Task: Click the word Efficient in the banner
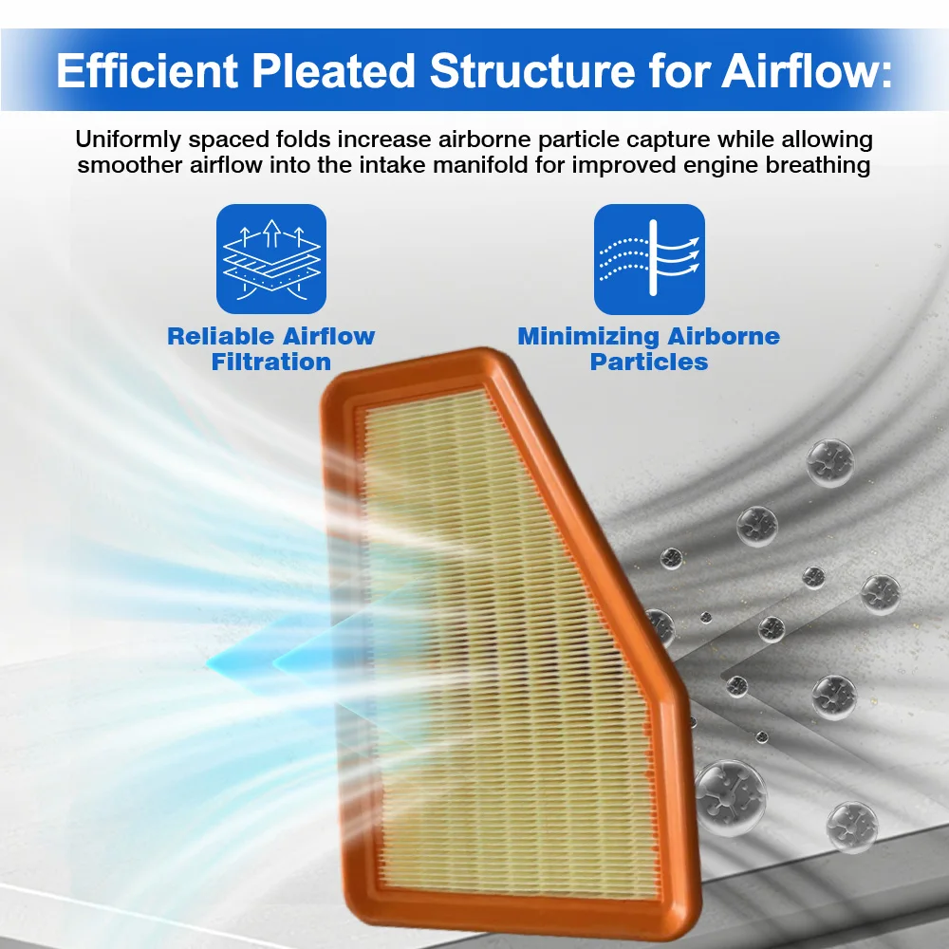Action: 147,71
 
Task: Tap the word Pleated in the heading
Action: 333,71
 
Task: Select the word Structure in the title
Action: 532,71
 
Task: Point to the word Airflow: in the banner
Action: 807,71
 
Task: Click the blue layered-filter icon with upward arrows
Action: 271,259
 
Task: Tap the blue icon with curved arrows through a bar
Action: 649,259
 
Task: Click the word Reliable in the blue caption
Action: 219,336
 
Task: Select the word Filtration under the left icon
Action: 271,362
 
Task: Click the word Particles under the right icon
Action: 649,362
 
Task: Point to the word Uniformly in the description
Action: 128,140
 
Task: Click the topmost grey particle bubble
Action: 829,463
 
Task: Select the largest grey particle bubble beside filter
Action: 731,798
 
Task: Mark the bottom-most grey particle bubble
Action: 851,827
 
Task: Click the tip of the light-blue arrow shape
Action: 206,664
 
